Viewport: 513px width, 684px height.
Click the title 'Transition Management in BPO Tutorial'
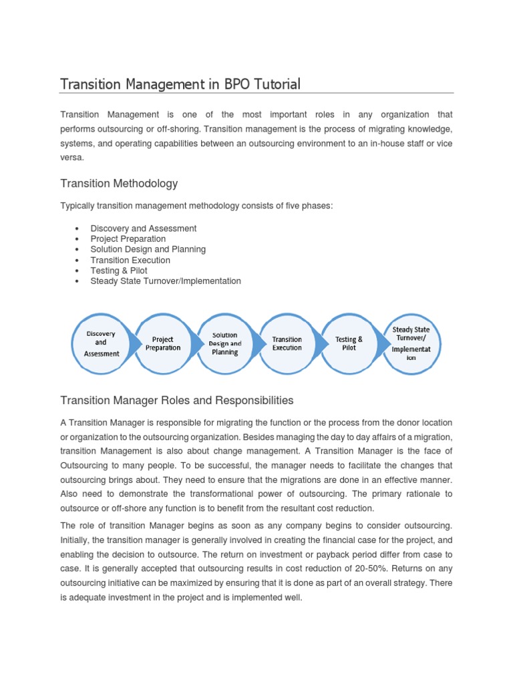[180, 84]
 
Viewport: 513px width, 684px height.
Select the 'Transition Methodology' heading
[119, 183]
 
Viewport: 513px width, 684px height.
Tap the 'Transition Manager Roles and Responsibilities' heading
[176, 400]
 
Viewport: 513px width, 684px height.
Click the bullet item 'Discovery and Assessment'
[144, 228]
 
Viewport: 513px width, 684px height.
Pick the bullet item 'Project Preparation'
[128, 238]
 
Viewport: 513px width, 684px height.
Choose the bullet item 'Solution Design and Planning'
[148, 249]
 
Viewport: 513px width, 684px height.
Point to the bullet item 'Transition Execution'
[130, 260]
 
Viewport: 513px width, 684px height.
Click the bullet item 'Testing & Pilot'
[119, 271]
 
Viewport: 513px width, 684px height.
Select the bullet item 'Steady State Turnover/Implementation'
[166, 281]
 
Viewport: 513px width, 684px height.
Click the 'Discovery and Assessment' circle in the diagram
[102, 343]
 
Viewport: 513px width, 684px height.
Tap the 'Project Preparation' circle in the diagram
[163, 343]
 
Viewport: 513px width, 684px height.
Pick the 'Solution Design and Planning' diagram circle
[225, 343]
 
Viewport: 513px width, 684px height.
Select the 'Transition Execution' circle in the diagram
[287, 343]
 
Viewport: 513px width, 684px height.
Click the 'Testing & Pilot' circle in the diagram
[349, 343]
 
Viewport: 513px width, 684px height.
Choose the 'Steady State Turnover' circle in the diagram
[411, 343]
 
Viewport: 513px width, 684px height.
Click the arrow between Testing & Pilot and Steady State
[381, 343]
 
